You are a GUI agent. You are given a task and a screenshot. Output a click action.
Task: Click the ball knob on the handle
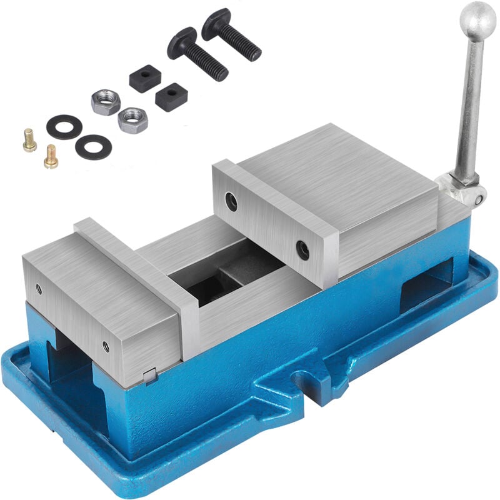[478, 14]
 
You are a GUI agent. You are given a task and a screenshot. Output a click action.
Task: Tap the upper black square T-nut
[145, 79]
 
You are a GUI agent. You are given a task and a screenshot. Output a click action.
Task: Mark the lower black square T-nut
[171, 97]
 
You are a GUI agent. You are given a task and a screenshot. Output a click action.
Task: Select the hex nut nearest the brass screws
[106, 101]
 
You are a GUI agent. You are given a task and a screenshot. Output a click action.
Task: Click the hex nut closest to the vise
[132, 119]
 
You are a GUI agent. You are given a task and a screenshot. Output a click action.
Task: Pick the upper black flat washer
[64, 127]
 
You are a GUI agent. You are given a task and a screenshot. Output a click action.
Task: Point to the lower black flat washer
[93, 146]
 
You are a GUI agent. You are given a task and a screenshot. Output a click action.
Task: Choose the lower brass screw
[51, 156]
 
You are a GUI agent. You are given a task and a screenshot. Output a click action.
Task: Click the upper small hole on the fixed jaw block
[39, 289]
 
